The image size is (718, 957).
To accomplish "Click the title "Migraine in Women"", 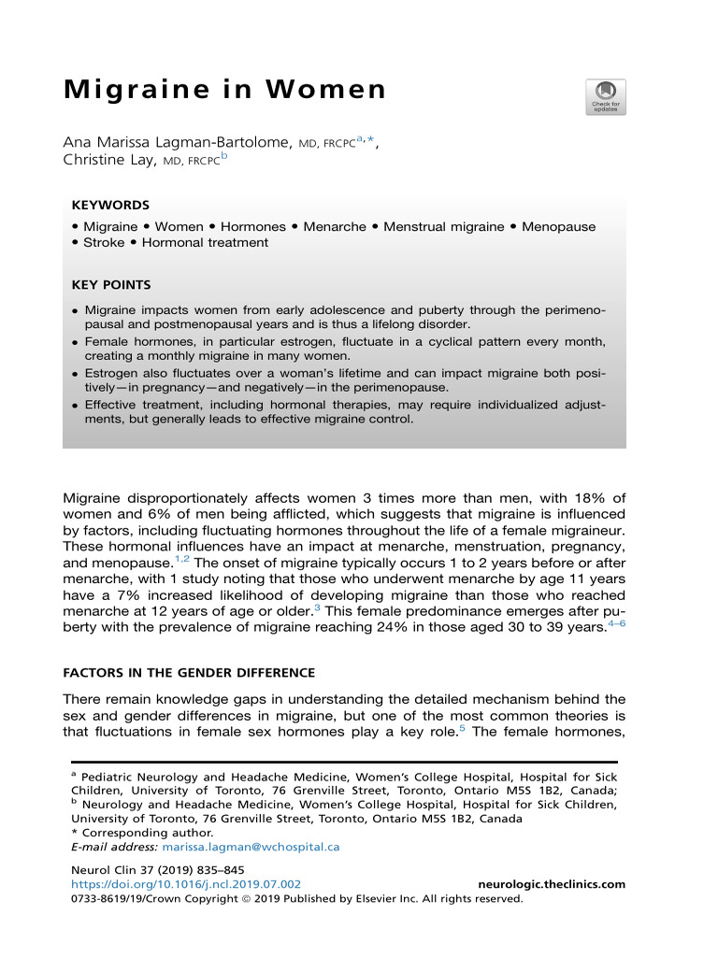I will (x=224, y=91).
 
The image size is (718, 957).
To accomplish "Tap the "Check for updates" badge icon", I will (x=605, y=97).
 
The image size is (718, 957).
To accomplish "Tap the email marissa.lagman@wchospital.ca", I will (x=251, y=847).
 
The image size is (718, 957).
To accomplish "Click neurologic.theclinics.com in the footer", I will (x=552, y=884).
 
